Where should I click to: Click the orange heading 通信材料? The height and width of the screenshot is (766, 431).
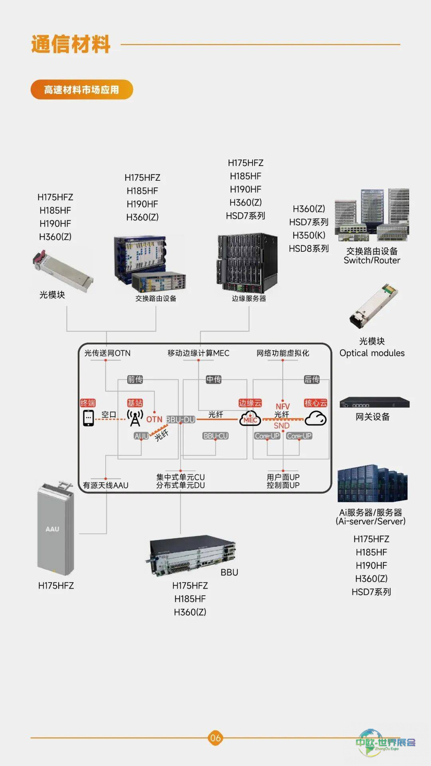[x=71, y=44]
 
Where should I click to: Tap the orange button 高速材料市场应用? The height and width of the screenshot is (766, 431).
[x=81, y=90]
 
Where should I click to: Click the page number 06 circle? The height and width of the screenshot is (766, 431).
[x=215, y=738]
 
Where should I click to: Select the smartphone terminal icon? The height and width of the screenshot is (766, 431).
[x=88, y=418]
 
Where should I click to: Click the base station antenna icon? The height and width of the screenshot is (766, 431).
[x=135, y=418]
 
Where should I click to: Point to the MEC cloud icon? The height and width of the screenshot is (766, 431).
[x=250, y=419]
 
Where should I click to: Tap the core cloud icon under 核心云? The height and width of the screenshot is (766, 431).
[x=315, y=418]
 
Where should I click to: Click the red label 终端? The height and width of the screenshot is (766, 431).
[x=88, y=403]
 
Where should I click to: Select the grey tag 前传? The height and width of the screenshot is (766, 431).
[x=135, y=379]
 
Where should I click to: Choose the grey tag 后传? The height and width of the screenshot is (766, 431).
[x=312, y=379]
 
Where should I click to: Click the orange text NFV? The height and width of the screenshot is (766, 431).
[x=283, y=406]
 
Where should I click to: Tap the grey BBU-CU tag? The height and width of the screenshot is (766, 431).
[x=215, y=436]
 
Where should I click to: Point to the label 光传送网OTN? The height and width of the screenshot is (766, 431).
[x=107, y=353]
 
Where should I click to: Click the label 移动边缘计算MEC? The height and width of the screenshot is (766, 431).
[x=198, y=353]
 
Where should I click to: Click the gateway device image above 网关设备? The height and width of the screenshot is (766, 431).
[x=374, y=403]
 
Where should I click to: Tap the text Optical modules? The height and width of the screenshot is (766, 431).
[x=372, y=353]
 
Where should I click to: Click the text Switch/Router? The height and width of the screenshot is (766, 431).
[x=372, y=261]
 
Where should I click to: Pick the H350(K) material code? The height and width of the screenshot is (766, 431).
[x=309, y=235]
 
